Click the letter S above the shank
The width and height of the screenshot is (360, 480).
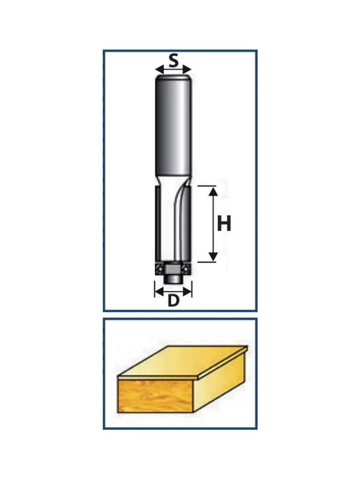point(174,60)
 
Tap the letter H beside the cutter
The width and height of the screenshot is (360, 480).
point(224,224)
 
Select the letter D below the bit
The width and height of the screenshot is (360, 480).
point(174,301)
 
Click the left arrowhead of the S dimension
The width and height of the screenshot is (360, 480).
point(160,70)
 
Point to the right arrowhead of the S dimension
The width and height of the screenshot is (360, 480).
point(187,70)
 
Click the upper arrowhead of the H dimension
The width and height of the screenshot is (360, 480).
point(213,191)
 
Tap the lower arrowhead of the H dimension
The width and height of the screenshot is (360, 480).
point(213,256)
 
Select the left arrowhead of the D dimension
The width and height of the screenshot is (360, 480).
point(159,292)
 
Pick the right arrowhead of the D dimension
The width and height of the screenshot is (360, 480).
point(187,292)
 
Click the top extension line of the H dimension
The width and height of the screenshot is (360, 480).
point(207,186)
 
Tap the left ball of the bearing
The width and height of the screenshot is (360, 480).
point(160,269)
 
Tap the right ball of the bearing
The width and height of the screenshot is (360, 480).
point(186,269)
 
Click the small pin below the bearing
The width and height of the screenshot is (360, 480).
point(173,279)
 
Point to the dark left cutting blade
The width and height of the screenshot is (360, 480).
point(158,225)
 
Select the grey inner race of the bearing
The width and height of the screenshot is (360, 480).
point(173,268)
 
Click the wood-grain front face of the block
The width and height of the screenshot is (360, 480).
point(155,396)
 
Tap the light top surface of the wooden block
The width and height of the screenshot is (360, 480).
point(183,362)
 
